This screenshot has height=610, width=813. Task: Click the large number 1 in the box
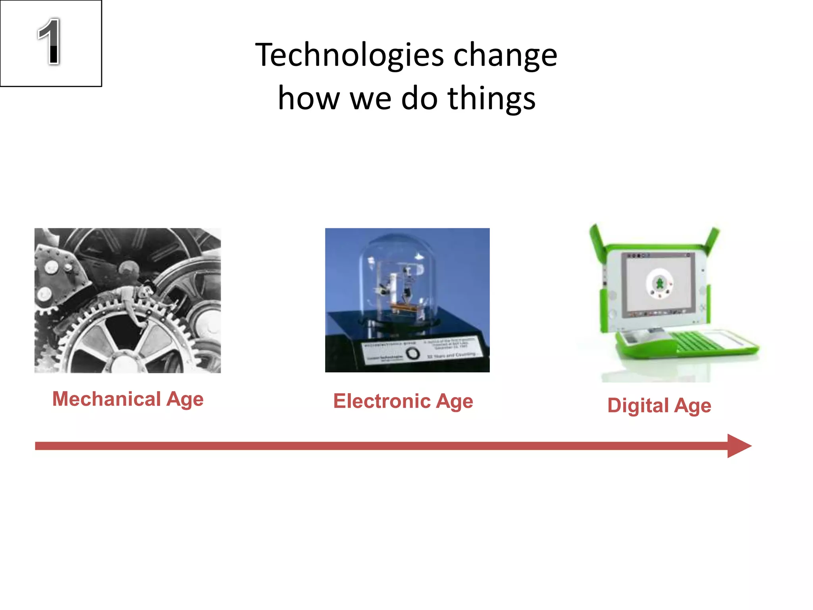[49, 41]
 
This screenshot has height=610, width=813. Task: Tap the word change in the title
[505, 56]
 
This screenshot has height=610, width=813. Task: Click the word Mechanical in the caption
[106, 399]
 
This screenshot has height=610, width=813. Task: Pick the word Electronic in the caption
[381, 401]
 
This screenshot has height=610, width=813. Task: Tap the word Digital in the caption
[638, 405]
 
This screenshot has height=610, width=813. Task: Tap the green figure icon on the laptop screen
[659, 284]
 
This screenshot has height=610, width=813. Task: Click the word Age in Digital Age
[693, 406]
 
